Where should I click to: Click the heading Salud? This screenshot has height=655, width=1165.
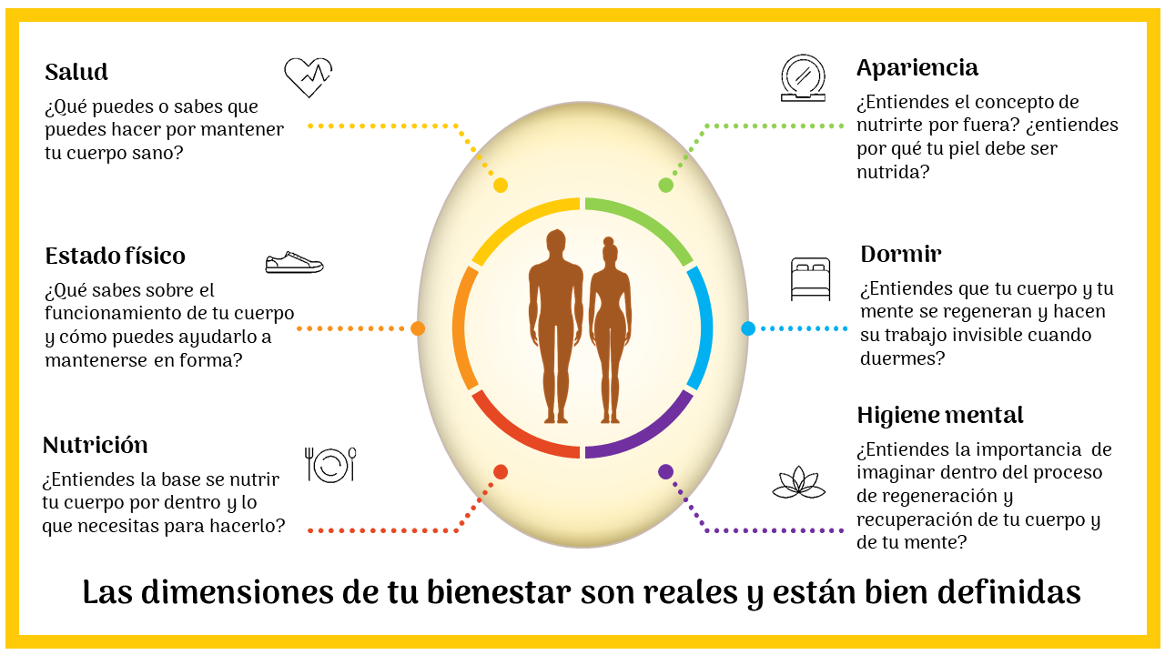[76, 72]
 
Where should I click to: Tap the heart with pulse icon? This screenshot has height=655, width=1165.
[308, 77]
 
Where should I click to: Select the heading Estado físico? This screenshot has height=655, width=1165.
[115, 256]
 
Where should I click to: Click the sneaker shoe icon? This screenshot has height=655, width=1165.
[294, 263]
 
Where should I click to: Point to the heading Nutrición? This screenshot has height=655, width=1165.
[95, 445]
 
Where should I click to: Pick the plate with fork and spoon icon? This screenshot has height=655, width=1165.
[330, 464]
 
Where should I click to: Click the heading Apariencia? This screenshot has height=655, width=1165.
[917, 67]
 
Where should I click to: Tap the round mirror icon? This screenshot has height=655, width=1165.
[803, 77]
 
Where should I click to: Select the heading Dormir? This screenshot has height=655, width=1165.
[900, 254]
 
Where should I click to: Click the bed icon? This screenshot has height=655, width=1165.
[810, 279]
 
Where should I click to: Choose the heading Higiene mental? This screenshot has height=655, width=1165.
[940, 415]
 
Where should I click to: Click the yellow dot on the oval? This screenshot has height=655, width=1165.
[500, 186]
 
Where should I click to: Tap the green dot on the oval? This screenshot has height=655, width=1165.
[665, 186]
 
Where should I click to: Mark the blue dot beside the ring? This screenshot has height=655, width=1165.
[748, 328]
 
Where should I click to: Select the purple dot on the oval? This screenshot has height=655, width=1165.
[665, 472]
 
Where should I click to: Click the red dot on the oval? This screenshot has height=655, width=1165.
[500, 472]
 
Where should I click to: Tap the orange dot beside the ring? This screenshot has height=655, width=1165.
[418, 328]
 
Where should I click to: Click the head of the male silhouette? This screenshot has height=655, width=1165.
[555, 243]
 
